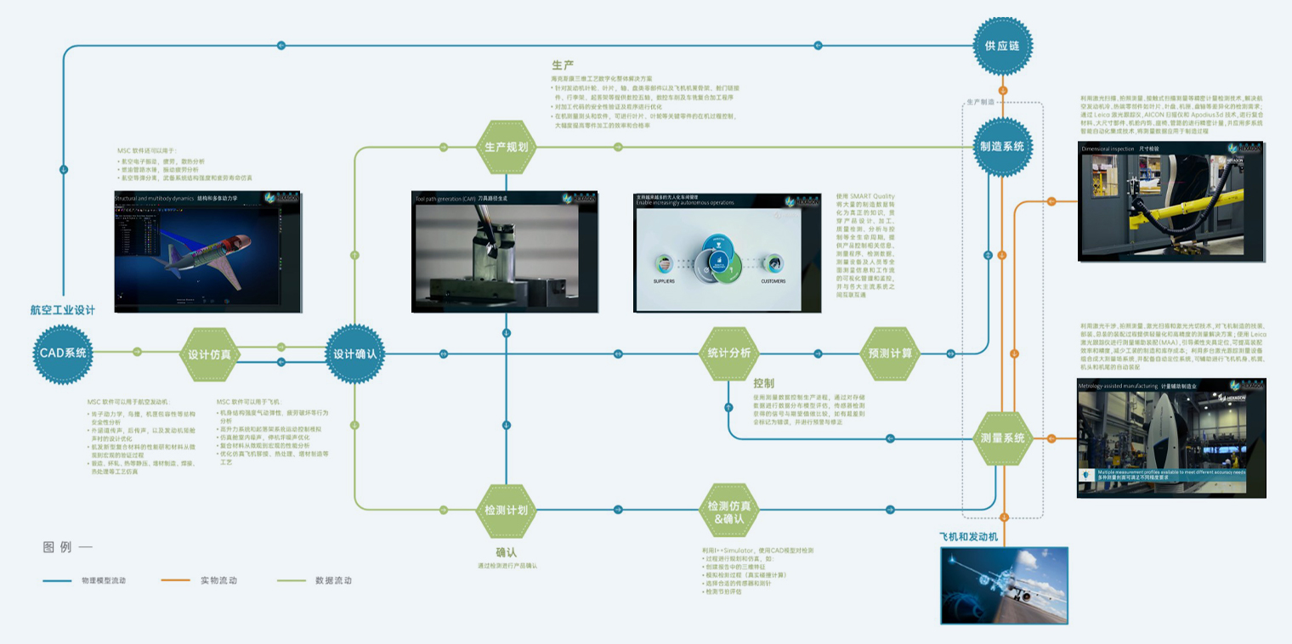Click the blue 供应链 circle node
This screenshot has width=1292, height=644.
pyautogui.click(x=1002, y=46)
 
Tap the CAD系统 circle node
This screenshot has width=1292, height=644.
pyautogui.click(x=64, y=353)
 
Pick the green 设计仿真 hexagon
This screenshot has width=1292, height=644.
pyautogui.click(x=210, y=353)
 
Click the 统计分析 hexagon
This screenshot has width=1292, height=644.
pyautogui.click(x=729, y=353)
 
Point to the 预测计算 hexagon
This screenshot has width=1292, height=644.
pyautogui.click(x=889, y=353)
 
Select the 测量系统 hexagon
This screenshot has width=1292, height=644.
pyautogui.click(x=1002, y=438)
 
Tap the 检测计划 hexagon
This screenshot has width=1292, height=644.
pyautogui.click(x=506, y=511)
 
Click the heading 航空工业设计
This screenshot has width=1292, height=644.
pyautogui.click(x=63, y=311)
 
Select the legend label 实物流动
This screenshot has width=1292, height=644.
pyautogui.click(x=218, y=580)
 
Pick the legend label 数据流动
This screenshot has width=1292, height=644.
pyautogui.click(x=333, y=580)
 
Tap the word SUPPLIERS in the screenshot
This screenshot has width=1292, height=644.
pyautogui.click(x=664, y=281)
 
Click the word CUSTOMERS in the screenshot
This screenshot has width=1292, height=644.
pyautogui.click(x=773, y=281)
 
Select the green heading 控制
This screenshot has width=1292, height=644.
pyautogui.click(x=763, y=383)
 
